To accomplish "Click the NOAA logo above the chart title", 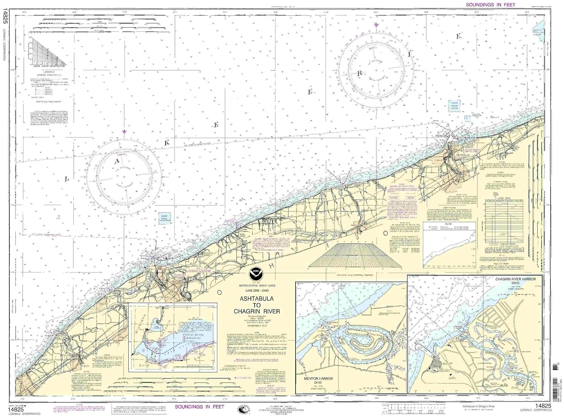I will (x=257, y=272).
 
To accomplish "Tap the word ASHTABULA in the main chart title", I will (x=257, y=299).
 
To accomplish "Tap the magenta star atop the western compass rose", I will (x=124, y=132).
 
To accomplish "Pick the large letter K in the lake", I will (x=167, y=143).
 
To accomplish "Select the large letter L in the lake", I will (x=67, y=179).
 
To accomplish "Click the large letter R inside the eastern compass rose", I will (x=359, y=74).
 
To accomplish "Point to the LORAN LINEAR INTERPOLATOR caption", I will (x=47, y=66).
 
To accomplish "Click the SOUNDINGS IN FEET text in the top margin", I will (x=490, y=5).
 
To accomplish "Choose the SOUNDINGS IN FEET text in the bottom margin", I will (x=199, y=407).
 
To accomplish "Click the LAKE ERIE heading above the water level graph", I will (x=504, y=197).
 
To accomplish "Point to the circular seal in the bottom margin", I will (x=243, y=409).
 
